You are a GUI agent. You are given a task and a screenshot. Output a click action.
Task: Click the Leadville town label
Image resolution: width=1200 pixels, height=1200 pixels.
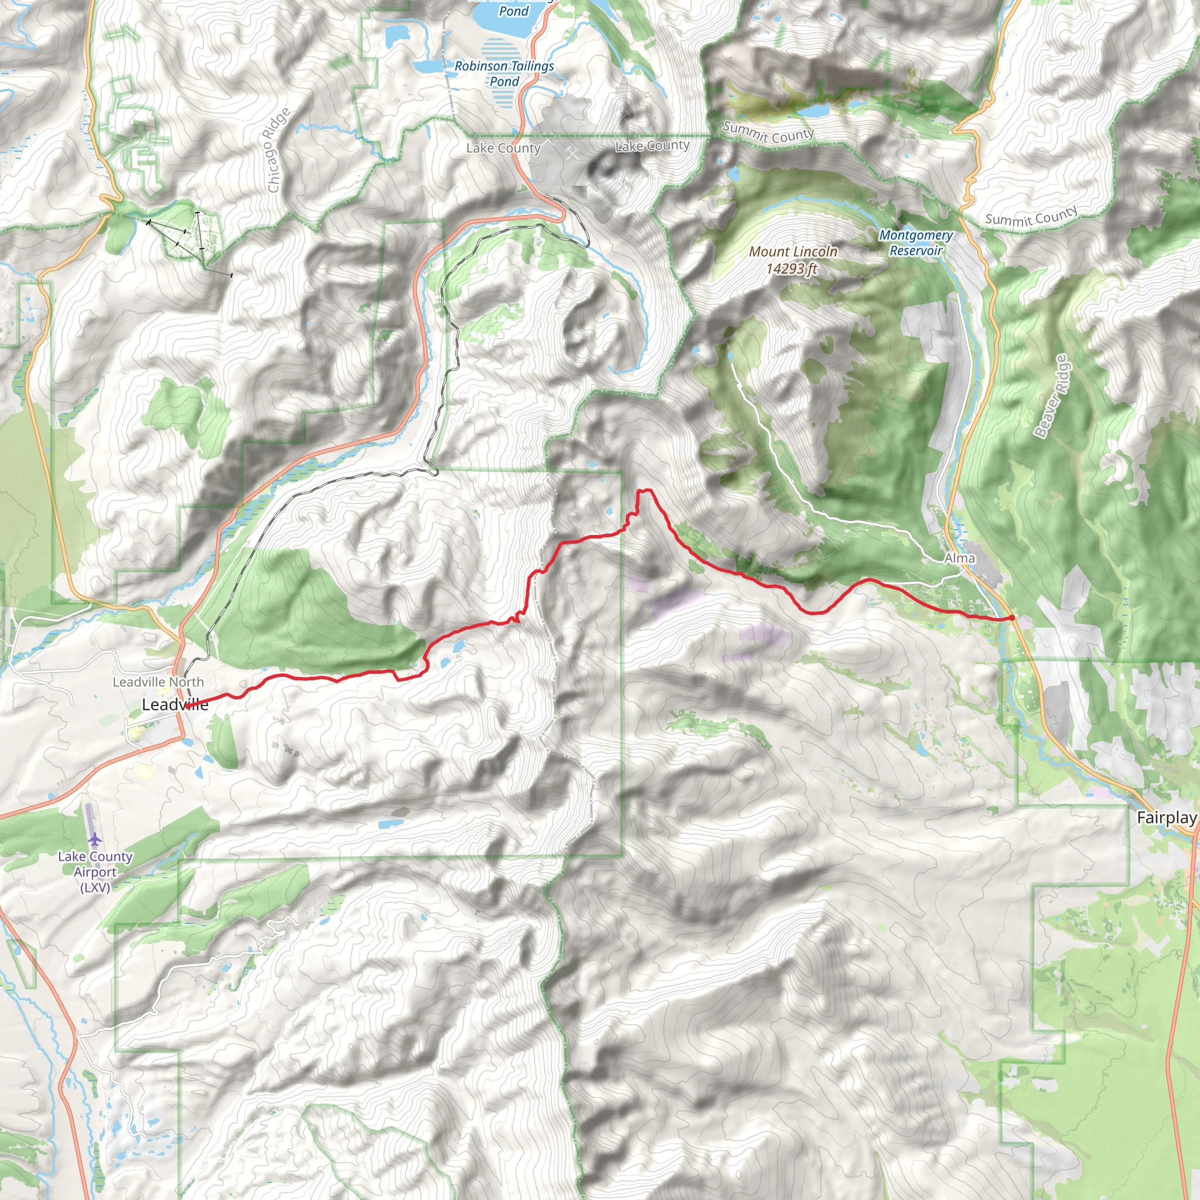[175, 704]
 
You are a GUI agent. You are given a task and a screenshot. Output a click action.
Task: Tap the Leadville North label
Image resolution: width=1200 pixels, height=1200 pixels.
[158, 682]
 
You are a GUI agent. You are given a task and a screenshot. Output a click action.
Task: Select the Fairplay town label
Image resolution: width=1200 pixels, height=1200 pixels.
[1166, 817]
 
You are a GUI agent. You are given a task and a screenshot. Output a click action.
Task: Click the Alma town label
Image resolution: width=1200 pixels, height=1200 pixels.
[959, 558]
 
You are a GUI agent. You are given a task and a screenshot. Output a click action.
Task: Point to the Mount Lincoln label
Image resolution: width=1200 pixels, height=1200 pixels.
[793, 251]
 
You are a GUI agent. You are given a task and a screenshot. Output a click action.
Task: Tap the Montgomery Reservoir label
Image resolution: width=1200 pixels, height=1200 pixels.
[916, 243]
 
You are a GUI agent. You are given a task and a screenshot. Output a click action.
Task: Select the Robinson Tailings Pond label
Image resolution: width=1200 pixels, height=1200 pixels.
[504, 73]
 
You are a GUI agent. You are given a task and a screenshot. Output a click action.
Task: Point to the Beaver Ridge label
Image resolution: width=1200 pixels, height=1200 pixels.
[1051, 396]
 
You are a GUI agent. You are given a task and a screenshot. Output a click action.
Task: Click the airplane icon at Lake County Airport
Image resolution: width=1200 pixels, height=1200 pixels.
[94, 840]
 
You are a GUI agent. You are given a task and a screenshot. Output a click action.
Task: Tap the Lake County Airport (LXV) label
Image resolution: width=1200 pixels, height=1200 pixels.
[95, 871]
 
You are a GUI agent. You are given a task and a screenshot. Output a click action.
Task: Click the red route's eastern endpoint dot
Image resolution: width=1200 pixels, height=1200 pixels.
[1012, 618]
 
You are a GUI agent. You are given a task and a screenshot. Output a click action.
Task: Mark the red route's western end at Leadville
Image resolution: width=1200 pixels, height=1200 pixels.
[186, 706]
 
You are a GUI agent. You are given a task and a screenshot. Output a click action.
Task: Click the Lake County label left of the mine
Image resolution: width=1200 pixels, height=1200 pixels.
[503, 148]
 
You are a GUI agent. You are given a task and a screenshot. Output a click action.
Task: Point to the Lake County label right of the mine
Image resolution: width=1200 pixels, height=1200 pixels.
[652, 146]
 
